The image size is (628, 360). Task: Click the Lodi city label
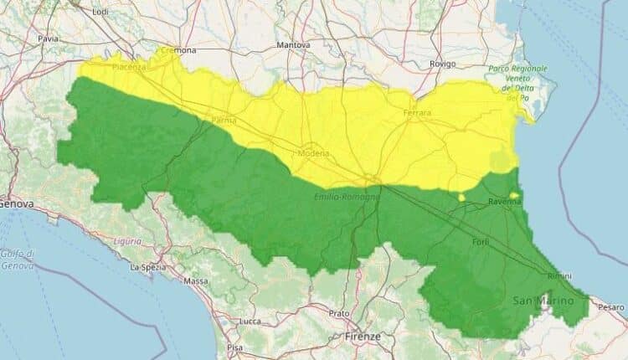tap(100, 12)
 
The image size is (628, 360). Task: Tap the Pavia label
tap(49, 39)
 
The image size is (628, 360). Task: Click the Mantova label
tap(294, 44)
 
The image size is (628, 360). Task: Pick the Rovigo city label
tap(441, 64)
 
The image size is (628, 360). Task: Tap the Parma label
tap(224, 121)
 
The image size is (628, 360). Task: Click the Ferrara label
tap(417, 113)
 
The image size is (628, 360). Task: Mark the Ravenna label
tap(506, 202)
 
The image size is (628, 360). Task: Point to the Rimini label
tap(559, 276)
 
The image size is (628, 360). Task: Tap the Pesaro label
tap(610, 307)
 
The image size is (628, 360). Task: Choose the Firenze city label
tap(362, 337)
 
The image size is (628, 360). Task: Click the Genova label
tap(15, 203)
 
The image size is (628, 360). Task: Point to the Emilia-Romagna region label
tap(347, 196)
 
